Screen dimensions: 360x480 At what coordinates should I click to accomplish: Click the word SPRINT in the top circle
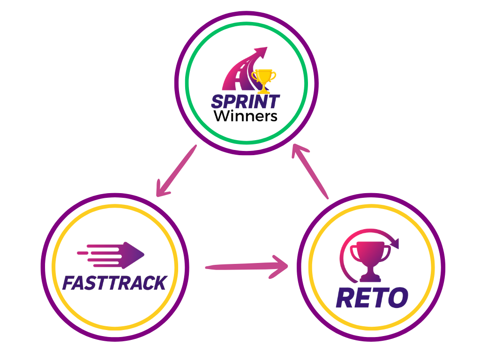[x=246, y=101]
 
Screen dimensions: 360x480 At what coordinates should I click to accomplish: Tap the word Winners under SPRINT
[x=246, y=116]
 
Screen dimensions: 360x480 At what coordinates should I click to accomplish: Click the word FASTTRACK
[x=114, y=283]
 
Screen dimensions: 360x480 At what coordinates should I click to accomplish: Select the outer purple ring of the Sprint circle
[x=247, y=13]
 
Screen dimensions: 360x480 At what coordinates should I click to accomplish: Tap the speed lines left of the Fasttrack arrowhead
[x=98, y=254]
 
